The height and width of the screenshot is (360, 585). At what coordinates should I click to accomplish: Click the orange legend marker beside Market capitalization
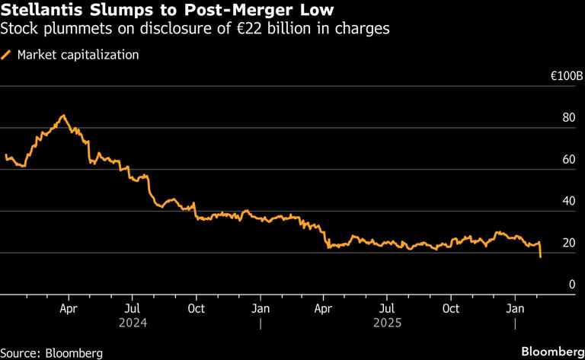(8, 55)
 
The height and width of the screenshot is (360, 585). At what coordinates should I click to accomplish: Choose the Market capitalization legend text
(78, 55)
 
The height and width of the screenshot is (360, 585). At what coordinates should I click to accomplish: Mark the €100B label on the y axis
(567, 77)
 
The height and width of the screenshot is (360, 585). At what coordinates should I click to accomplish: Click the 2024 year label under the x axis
(132, 323)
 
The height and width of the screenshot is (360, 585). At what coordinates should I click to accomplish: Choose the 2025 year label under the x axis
(387, 323)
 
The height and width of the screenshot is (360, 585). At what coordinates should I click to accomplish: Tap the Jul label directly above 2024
(132, 308)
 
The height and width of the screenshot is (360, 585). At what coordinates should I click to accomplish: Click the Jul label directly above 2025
(387, 308)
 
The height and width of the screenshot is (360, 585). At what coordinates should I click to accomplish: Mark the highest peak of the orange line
(64, 116)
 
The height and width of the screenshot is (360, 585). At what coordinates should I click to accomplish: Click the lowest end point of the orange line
(540, 257)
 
